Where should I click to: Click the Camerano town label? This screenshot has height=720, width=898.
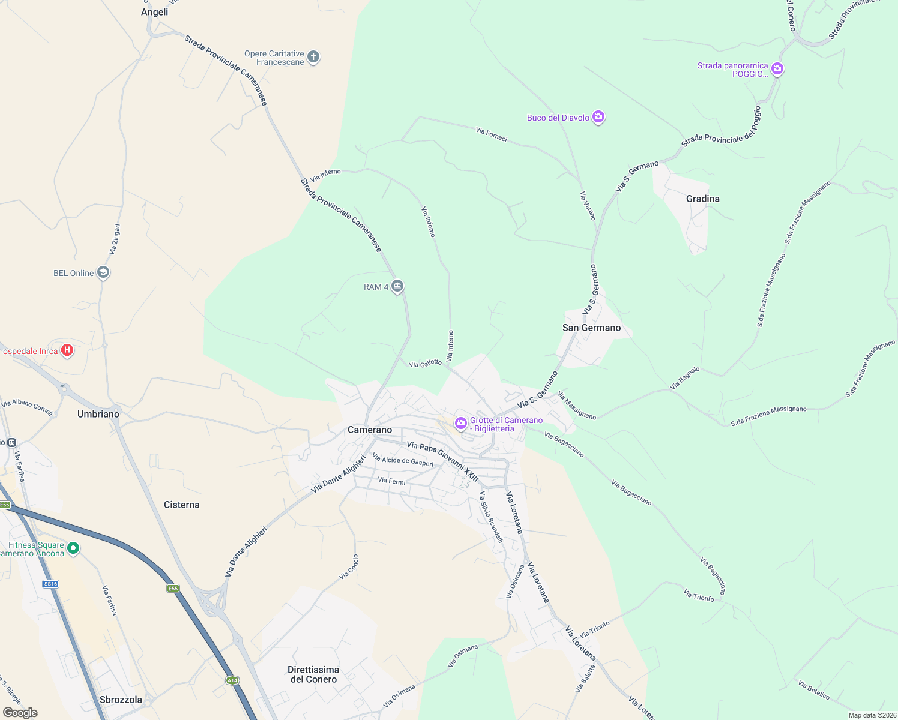point(370,430)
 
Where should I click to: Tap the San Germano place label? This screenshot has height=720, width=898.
point(591,328)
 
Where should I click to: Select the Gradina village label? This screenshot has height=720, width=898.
point(702,199)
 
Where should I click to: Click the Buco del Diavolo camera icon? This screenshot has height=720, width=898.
point(598,117)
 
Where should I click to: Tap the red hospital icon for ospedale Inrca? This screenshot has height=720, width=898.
point(67,350)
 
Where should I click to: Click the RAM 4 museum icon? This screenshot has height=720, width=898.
point(397,286)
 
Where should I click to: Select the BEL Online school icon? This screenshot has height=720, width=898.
point(103,273)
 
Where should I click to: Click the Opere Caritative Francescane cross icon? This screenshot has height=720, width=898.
point(313,57)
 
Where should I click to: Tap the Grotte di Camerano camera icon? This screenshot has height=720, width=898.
point(461,424)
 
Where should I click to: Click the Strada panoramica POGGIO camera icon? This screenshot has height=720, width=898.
point(777,69)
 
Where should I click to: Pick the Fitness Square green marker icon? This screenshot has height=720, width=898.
point(73,548)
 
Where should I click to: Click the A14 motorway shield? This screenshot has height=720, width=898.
point(232,680)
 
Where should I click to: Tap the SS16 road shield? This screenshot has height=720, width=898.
point(51,584)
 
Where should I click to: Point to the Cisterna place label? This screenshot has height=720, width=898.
point(181,505)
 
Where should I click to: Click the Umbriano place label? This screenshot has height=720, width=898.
point(98,414)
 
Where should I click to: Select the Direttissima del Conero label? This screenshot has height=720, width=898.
point(313,674)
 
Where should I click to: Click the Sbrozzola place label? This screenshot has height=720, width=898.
point(121,700)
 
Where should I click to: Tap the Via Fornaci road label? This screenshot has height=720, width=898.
point(492,134)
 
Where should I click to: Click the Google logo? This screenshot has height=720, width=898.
point(20,713)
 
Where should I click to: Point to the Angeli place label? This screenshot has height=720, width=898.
point(154,12)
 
